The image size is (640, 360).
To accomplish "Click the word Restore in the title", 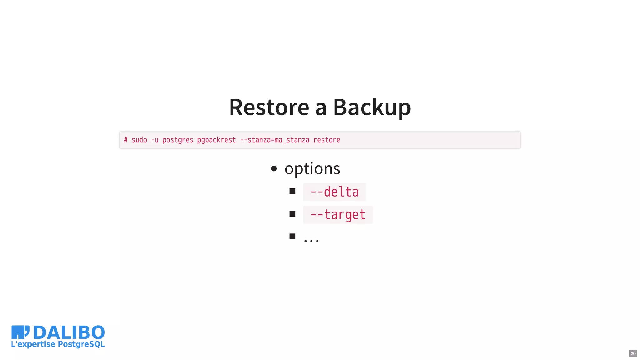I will click(269, 107).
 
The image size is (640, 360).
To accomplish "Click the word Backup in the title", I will click(372, 107).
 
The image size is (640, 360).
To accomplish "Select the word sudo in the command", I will click(139, 140).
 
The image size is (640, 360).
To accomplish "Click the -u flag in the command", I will click(155, 140).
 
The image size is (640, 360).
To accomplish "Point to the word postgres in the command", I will click(178, 140).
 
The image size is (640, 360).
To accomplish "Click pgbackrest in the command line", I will click(216, 140).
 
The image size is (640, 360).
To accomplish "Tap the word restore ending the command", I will click(327, 140).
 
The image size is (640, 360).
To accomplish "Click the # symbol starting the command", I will click(126, 140).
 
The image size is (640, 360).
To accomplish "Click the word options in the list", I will click(312, 169).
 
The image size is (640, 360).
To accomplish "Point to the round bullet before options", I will click(274, 169).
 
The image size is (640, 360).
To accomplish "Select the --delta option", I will click(334, 192).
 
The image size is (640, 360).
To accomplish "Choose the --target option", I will click(337, 215).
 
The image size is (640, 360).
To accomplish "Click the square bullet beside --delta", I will click(292, 191).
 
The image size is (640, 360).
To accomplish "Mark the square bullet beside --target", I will click(292, 214).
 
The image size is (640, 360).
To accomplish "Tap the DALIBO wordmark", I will click(69, 332).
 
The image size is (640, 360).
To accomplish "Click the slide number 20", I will click(633, 354).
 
